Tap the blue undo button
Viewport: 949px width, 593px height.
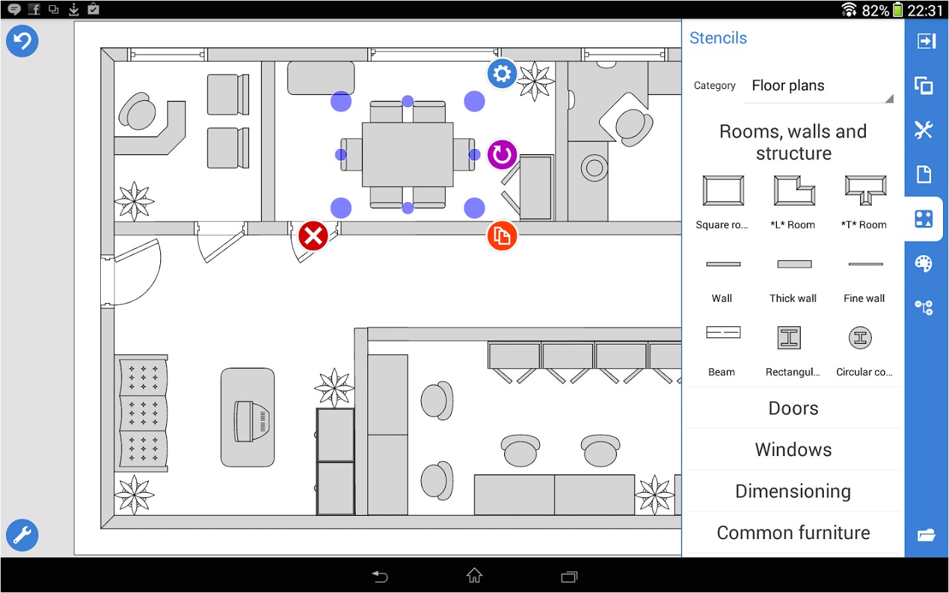tap(22, 41)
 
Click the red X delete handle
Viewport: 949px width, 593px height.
tap(313, 236)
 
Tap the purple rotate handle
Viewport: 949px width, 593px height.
tap(502, 155)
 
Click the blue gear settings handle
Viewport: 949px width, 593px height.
tap(502, 74)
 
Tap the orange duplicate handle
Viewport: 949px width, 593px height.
tap(502, 236)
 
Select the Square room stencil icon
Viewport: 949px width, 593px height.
tap(723, 191)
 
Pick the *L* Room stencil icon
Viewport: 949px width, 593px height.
tap(794, 191)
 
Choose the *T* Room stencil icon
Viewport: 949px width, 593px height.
tap(865, 191)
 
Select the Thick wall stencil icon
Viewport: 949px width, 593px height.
tap(794, 264)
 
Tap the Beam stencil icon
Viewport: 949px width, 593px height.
tap(723, 332)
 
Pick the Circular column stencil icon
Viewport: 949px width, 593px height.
tap(860, 338)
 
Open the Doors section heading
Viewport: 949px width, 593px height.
tap(793, 409)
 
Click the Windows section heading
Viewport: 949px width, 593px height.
tap(793, 450)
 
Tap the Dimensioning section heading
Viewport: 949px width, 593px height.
tap(793, 492)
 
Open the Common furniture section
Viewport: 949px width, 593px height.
tap(793, 533)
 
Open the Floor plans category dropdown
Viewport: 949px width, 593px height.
tap(820, 86)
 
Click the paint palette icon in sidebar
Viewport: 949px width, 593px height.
tap(924, 264)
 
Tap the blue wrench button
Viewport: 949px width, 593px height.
tap(22, 535)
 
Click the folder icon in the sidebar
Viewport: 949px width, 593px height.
tap(926, 535)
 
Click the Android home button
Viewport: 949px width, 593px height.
tap(474, 577)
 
